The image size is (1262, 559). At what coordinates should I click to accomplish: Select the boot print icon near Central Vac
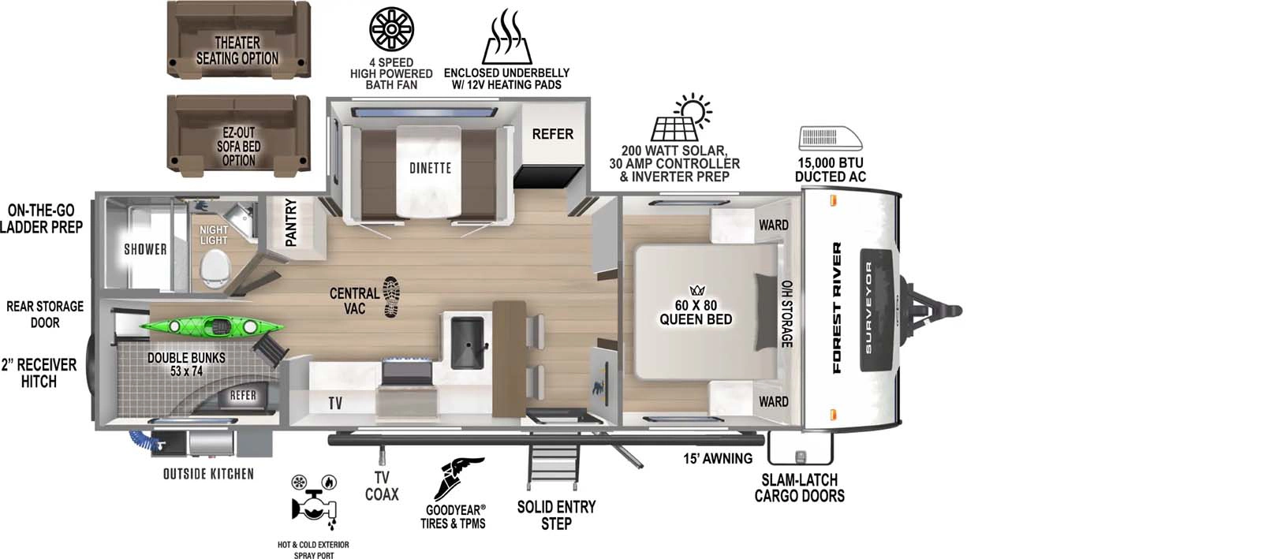point(391,296)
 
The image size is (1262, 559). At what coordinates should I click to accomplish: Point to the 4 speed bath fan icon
point(391,31)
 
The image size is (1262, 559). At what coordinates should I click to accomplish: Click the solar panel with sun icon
point(679,120)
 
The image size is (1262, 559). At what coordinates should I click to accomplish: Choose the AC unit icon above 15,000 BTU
point(831,139)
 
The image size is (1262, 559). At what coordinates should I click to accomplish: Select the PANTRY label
point(291,222)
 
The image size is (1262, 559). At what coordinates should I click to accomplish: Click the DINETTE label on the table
point(430,168)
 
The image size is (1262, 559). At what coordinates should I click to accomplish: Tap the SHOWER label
point(145,249)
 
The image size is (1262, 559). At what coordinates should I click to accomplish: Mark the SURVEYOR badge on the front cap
point(869,307)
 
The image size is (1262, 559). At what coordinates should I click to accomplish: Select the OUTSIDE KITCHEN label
point(208,474)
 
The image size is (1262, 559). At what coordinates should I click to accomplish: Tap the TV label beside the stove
point(335,404)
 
